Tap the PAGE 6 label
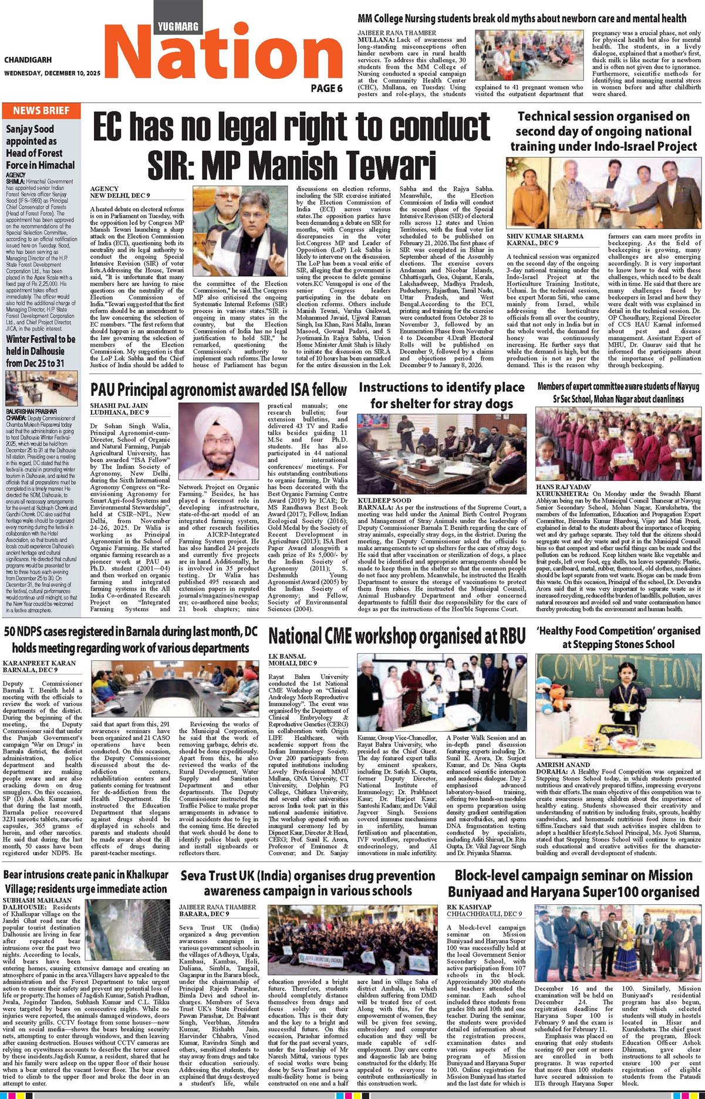point(326,89)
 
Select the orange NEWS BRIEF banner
point(41,110)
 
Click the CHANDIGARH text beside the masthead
point(28,60)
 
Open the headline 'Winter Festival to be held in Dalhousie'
point(41,351)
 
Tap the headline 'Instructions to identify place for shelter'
point(441,395)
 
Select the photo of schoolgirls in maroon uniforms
point(619,445)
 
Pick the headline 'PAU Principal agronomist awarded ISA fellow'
point(219,389)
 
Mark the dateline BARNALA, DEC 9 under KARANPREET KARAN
point(31,670)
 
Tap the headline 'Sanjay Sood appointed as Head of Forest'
point(41,147)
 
